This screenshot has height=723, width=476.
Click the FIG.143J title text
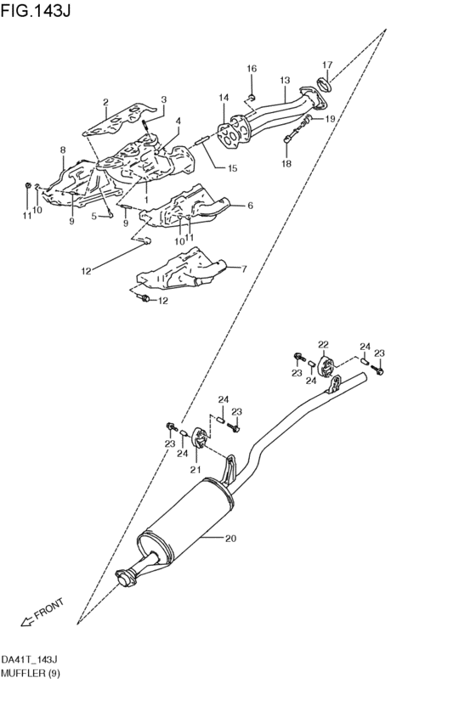37,11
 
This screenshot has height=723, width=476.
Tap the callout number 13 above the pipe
285,81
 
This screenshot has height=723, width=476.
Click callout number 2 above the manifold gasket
106,103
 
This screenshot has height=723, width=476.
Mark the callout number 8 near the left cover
62,150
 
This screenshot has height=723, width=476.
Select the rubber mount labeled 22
324,368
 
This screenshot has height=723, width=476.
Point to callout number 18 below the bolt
286,163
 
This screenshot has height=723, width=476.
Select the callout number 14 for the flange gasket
224,98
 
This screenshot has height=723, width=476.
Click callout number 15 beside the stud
232,168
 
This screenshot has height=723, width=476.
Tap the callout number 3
164,99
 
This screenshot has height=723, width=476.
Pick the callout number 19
330,120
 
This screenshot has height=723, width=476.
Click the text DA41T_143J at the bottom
29,659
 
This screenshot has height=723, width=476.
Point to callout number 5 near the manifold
94,216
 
